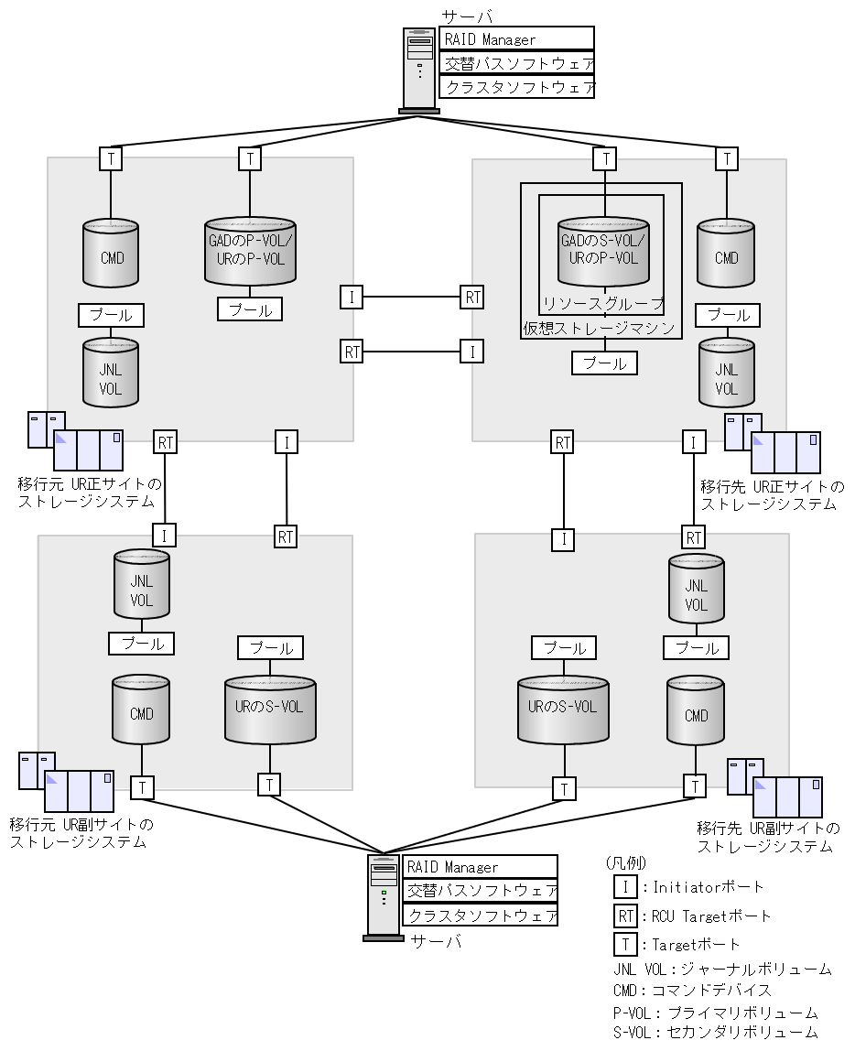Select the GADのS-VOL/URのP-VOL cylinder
coord(603,250)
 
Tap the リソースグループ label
coord(602,304)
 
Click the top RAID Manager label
coord(516,39)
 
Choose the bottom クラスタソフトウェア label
coord(481,915)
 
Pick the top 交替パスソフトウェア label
coord(516,63)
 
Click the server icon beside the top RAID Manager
coord(419,70)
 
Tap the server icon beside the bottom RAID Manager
coord(384,896)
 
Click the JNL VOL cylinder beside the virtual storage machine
coord(726,372)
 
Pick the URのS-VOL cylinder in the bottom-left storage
coord(270,709)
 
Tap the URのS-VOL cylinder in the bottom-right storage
coord(563,709)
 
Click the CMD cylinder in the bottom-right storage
coord(696,712)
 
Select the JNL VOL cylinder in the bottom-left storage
coord(142,584)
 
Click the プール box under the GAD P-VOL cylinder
coord(250,309)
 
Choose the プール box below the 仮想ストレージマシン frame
coord(604,363)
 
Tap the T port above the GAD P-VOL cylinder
coord(250,159)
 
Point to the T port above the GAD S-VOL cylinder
coord(604,159)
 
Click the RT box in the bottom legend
coord(625,916)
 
